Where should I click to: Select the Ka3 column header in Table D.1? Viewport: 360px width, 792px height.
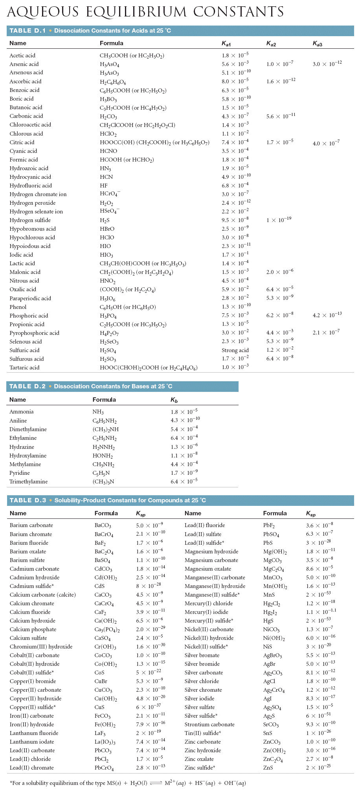point(317,44)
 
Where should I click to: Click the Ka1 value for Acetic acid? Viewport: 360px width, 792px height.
point(235,55)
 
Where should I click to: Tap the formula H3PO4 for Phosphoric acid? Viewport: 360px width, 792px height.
point(108,316)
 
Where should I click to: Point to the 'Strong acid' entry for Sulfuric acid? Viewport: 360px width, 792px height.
point(235,350)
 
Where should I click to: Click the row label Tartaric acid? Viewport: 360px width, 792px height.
point(24,368)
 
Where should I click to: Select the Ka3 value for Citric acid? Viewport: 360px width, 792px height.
point(326,143)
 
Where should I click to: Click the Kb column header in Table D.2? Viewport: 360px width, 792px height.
point(174,400)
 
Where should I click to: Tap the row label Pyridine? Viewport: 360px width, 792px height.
point(20,473)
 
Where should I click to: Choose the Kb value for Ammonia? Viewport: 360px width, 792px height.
point(184,412)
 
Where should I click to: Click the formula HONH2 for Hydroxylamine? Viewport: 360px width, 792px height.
point(103,456)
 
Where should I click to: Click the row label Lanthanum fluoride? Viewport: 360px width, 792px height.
point(34,733)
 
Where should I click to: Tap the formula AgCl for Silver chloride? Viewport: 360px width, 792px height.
point(269,681)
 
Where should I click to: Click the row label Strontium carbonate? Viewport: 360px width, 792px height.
point(209,724)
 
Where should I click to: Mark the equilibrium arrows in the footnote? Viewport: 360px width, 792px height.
point(156,783)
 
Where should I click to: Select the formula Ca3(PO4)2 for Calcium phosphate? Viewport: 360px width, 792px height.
point(107,630)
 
